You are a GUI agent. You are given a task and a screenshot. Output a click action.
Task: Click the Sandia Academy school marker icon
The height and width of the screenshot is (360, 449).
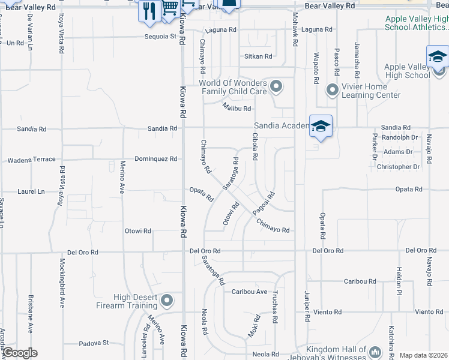point(321,127)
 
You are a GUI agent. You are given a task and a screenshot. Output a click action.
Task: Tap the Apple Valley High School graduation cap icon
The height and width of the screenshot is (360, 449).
point(438,57)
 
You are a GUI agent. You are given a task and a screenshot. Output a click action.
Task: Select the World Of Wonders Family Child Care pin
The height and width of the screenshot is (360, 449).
point(276,87)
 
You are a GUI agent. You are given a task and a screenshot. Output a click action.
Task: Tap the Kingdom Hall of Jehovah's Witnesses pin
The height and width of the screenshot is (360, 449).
point(375,351)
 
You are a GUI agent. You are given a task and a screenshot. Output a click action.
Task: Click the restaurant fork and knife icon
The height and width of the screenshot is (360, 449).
point(149,10)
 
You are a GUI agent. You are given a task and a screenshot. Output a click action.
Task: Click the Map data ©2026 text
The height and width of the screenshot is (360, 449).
point(423,355)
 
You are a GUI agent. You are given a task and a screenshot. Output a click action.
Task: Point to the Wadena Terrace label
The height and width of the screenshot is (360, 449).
point(31,160)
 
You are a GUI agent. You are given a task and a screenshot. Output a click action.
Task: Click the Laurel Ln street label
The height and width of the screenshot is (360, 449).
point(32,192)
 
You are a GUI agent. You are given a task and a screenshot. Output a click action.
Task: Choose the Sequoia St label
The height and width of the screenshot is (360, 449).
point(160,37)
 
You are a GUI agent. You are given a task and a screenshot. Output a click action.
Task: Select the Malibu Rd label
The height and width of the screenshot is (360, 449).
point(236,108)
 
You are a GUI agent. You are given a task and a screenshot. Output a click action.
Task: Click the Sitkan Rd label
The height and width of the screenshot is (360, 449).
point(258,56)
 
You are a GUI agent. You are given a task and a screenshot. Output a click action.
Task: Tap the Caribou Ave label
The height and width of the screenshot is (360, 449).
point(249,292)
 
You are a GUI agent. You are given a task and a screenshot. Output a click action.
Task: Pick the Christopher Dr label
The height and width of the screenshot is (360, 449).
point(399,167)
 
